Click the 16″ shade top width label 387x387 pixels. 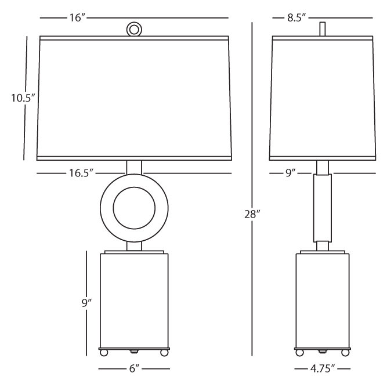(x=77, y=18)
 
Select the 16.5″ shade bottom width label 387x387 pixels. (x=81, y=173)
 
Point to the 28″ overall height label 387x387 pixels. (x=252, y=214)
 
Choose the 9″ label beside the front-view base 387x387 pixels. (x=86, y=303)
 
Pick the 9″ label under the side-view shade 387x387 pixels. (x=290, y=173)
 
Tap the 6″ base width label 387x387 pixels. (x=135, y=369)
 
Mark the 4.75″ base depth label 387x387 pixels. (x=323, y=369)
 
